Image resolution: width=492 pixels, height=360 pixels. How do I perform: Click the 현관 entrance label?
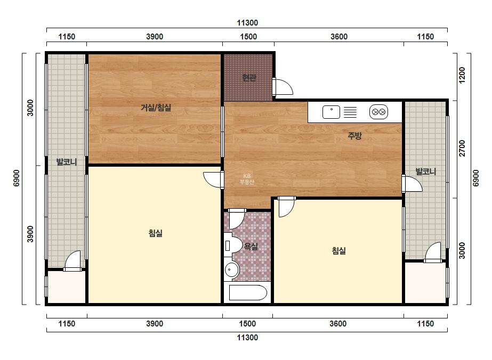click(x=249, y=77)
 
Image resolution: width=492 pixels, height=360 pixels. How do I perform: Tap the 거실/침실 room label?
click(x=156, y=108)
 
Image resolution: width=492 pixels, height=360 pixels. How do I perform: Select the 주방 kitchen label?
click(x=354, y=135)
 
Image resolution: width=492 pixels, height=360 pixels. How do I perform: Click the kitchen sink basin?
click(x=331, y=112)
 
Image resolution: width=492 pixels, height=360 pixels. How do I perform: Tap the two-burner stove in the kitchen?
click(x=378, y=112)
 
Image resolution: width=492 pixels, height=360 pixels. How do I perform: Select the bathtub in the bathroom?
click(x=248, y=292)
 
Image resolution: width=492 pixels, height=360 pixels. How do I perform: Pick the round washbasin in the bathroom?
click(x=232, y=269)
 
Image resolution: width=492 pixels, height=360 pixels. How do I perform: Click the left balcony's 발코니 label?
click(x=67, y=162)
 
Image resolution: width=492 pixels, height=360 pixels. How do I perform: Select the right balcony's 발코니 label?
click(x=425, y=171)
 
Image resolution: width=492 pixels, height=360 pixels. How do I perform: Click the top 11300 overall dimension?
click(x=247, y=22)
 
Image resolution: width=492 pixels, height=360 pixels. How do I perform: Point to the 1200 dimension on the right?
click(x=462, y=75)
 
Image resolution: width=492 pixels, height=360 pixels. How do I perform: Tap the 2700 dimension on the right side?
click(x=462, y=148)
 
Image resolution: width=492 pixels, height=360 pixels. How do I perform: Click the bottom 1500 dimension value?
click(x=247, y=324)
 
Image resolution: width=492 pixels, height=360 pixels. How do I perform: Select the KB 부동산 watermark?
click(x=247, y=179)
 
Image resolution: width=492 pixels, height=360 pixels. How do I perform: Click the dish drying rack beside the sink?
click(x=350, y=112)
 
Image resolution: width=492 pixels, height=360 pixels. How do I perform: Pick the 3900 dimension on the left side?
click(x=30, y=234)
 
